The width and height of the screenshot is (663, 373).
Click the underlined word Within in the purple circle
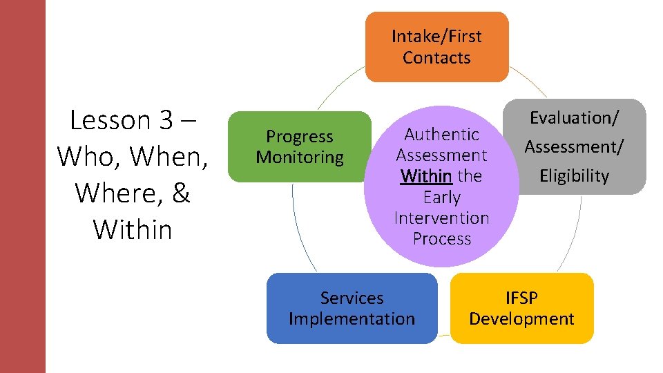coord(425,176)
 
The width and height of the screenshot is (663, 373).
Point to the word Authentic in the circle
coord(441,134)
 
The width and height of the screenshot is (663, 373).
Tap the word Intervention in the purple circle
coord(441,218)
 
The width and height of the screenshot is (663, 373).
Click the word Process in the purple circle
coord(441,238)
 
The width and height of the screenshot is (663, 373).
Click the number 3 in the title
coord(166,120)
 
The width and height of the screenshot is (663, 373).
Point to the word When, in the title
coord(171,157)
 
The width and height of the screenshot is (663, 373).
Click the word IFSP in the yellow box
coord(521,298)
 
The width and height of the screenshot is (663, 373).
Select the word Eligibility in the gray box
coord(575,176)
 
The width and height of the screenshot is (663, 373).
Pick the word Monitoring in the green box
coord(299,157)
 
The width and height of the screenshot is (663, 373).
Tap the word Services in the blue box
coord(352,298)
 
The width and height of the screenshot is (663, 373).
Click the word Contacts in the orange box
coord(436,57)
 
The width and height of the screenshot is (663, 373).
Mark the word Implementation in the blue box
coord(352,318)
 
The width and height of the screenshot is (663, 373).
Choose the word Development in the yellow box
coord(521,318)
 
